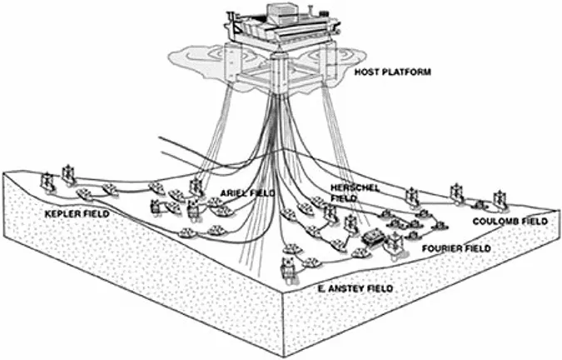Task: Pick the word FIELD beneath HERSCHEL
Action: coord(344,199)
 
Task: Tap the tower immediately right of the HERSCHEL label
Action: coord(410,196)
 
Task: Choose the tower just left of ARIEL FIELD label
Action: coord(196,187)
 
